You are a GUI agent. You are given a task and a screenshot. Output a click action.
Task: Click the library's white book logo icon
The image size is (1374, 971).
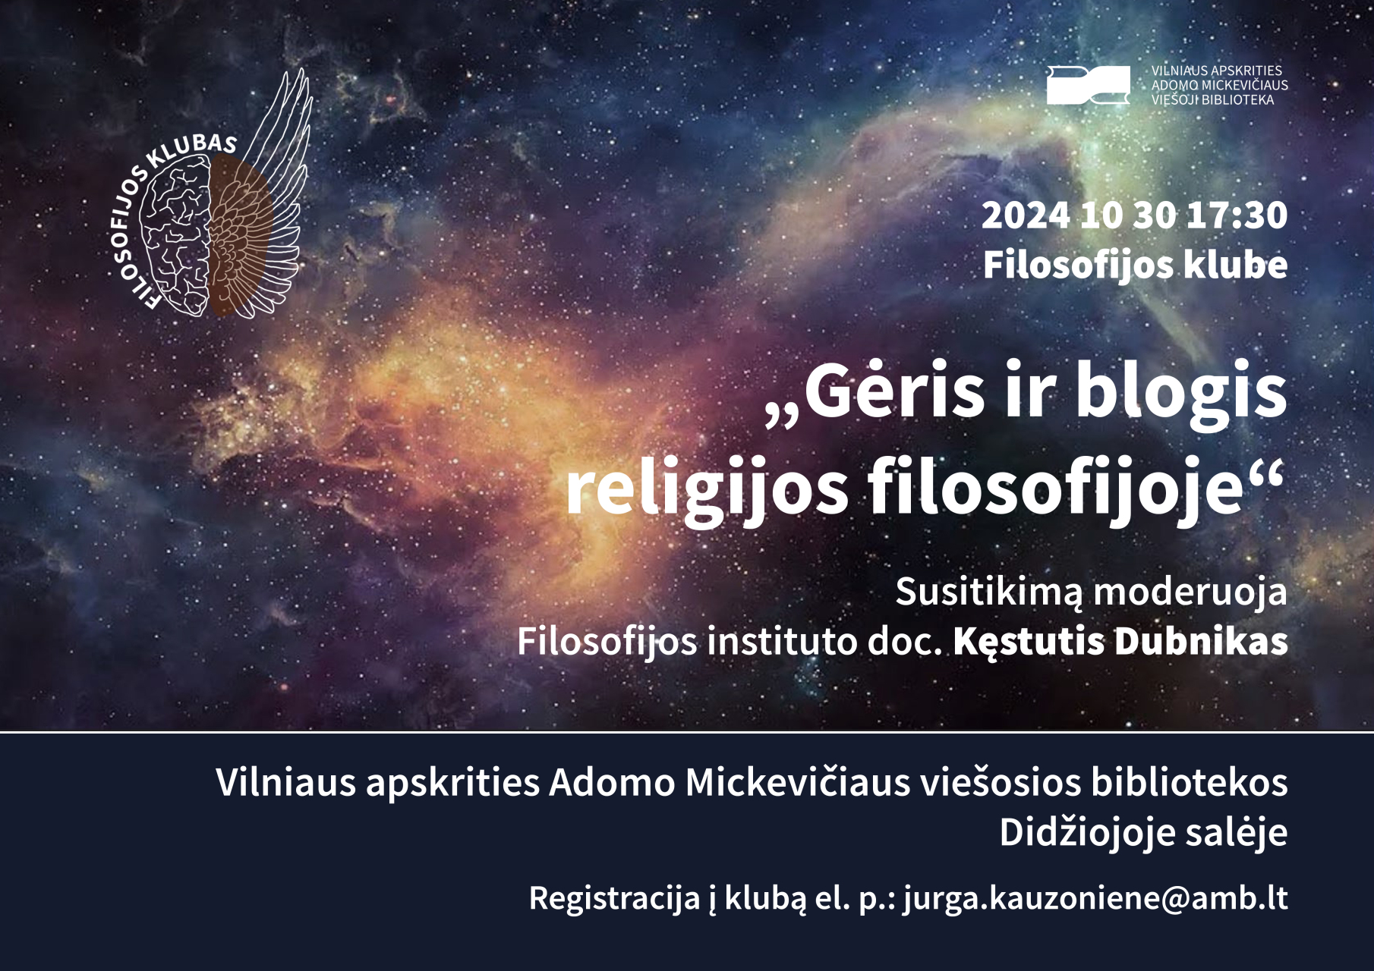(x=1088, y=85)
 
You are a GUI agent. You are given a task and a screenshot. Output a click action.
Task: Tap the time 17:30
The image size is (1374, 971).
(x=1237, y=215)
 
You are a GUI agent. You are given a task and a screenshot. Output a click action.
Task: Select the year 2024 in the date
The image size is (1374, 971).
(x=1026, y=215)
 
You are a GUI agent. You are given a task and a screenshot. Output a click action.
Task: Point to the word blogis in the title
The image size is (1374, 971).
(x=1181, y=394)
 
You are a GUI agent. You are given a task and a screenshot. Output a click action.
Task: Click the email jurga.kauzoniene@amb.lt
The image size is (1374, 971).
(x=1095, y=899)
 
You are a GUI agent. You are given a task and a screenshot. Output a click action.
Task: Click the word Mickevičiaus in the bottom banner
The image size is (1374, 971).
(x=798, y=782)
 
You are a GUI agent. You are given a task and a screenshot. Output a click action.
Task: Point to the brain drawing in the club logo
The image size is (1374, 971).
(x=176, y=235)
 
